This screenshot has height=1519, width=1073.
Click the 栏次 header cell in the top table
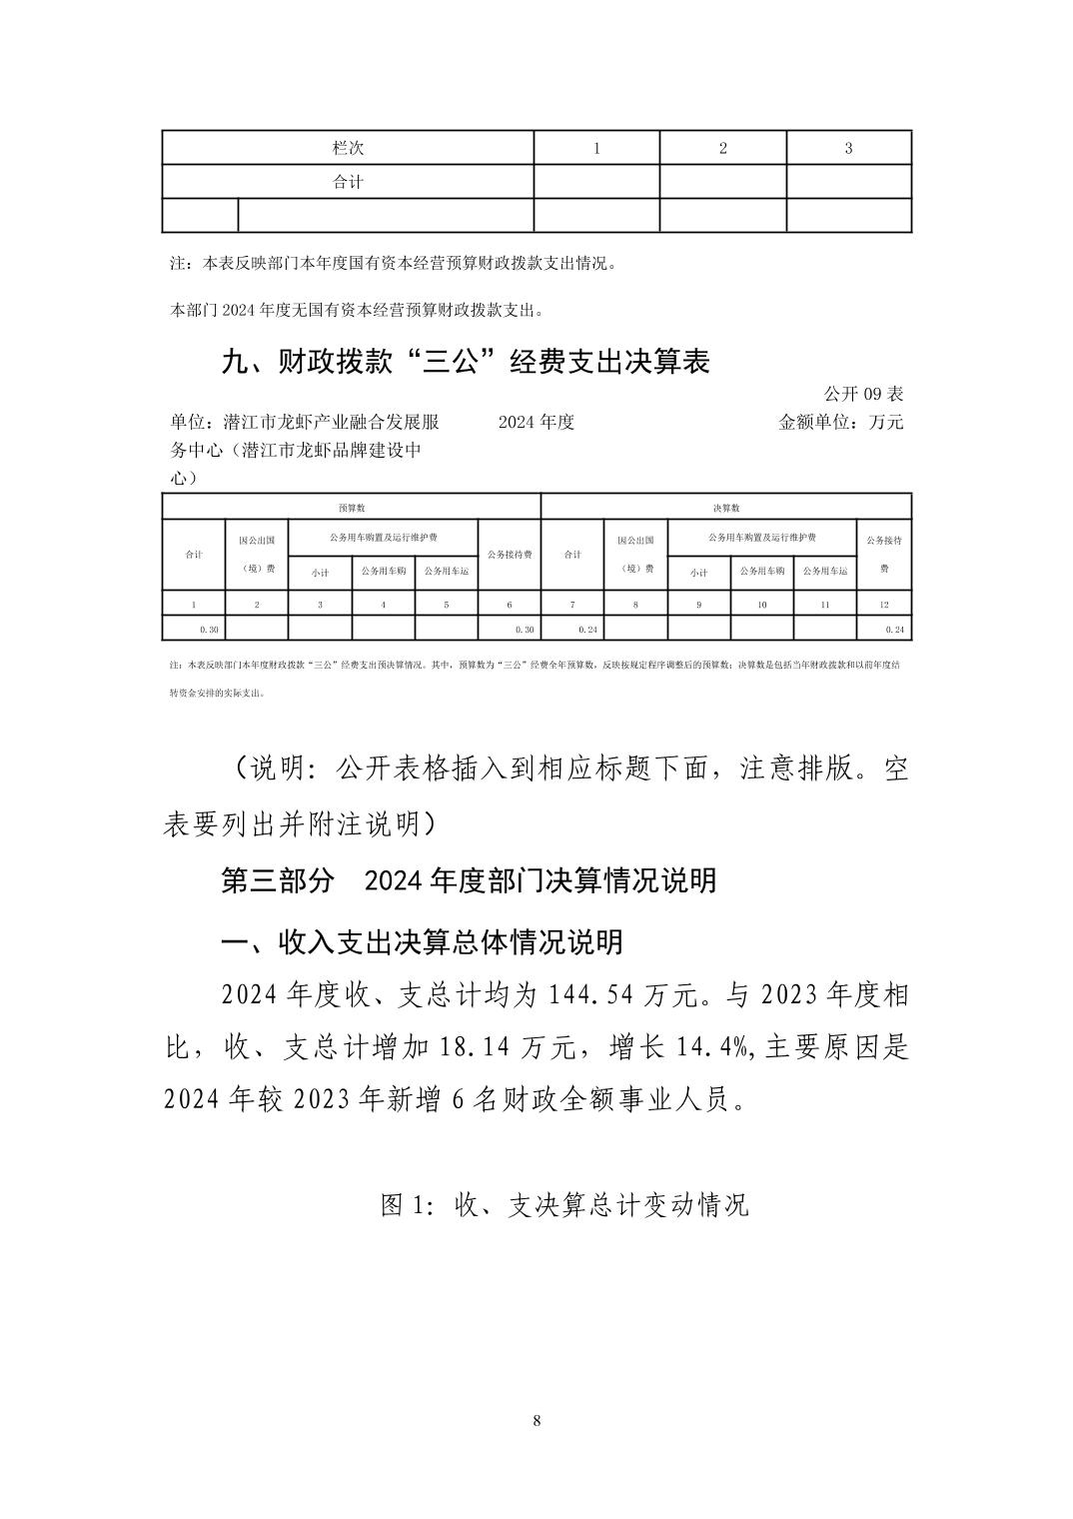tap(348, 148)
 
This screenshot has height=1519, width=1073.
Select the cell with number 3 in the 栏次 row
tap(848, 148)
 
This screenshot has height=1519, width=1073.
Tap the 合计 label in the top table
tap(348, 182)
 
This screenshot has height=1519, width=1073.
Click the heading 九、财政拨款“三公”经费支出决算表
tap(465, 362)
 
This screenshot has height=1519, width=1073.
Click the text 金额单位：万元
tap(840, 422)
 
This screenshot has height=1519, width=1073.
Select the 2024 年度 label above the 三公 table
tap(536, 422)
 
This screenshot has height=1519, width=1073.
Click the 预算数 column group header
tap(351, 508)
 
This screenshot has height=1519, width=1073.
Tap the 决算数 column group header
tap(726, 508)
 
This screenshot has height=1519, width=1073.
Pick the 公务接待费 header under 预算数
tap(509, 554)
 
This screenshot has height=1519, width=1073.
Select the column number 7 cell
tap(571, 605)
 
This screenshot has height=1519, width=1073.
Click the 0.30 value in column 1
tap(209, 630)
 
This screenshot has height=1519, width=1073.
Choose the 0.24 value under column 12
tap(894, 630)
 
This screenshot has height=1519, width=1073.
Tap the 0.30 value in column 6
tap(525, 630)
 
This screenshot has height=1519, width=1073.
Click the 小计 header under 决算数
tap(698, 573)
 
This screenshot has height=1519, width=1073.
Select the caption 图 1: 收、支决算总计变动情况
tap(564, 1205)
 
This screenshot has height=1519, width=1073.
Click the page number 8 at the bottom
tap(537, 1420)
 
